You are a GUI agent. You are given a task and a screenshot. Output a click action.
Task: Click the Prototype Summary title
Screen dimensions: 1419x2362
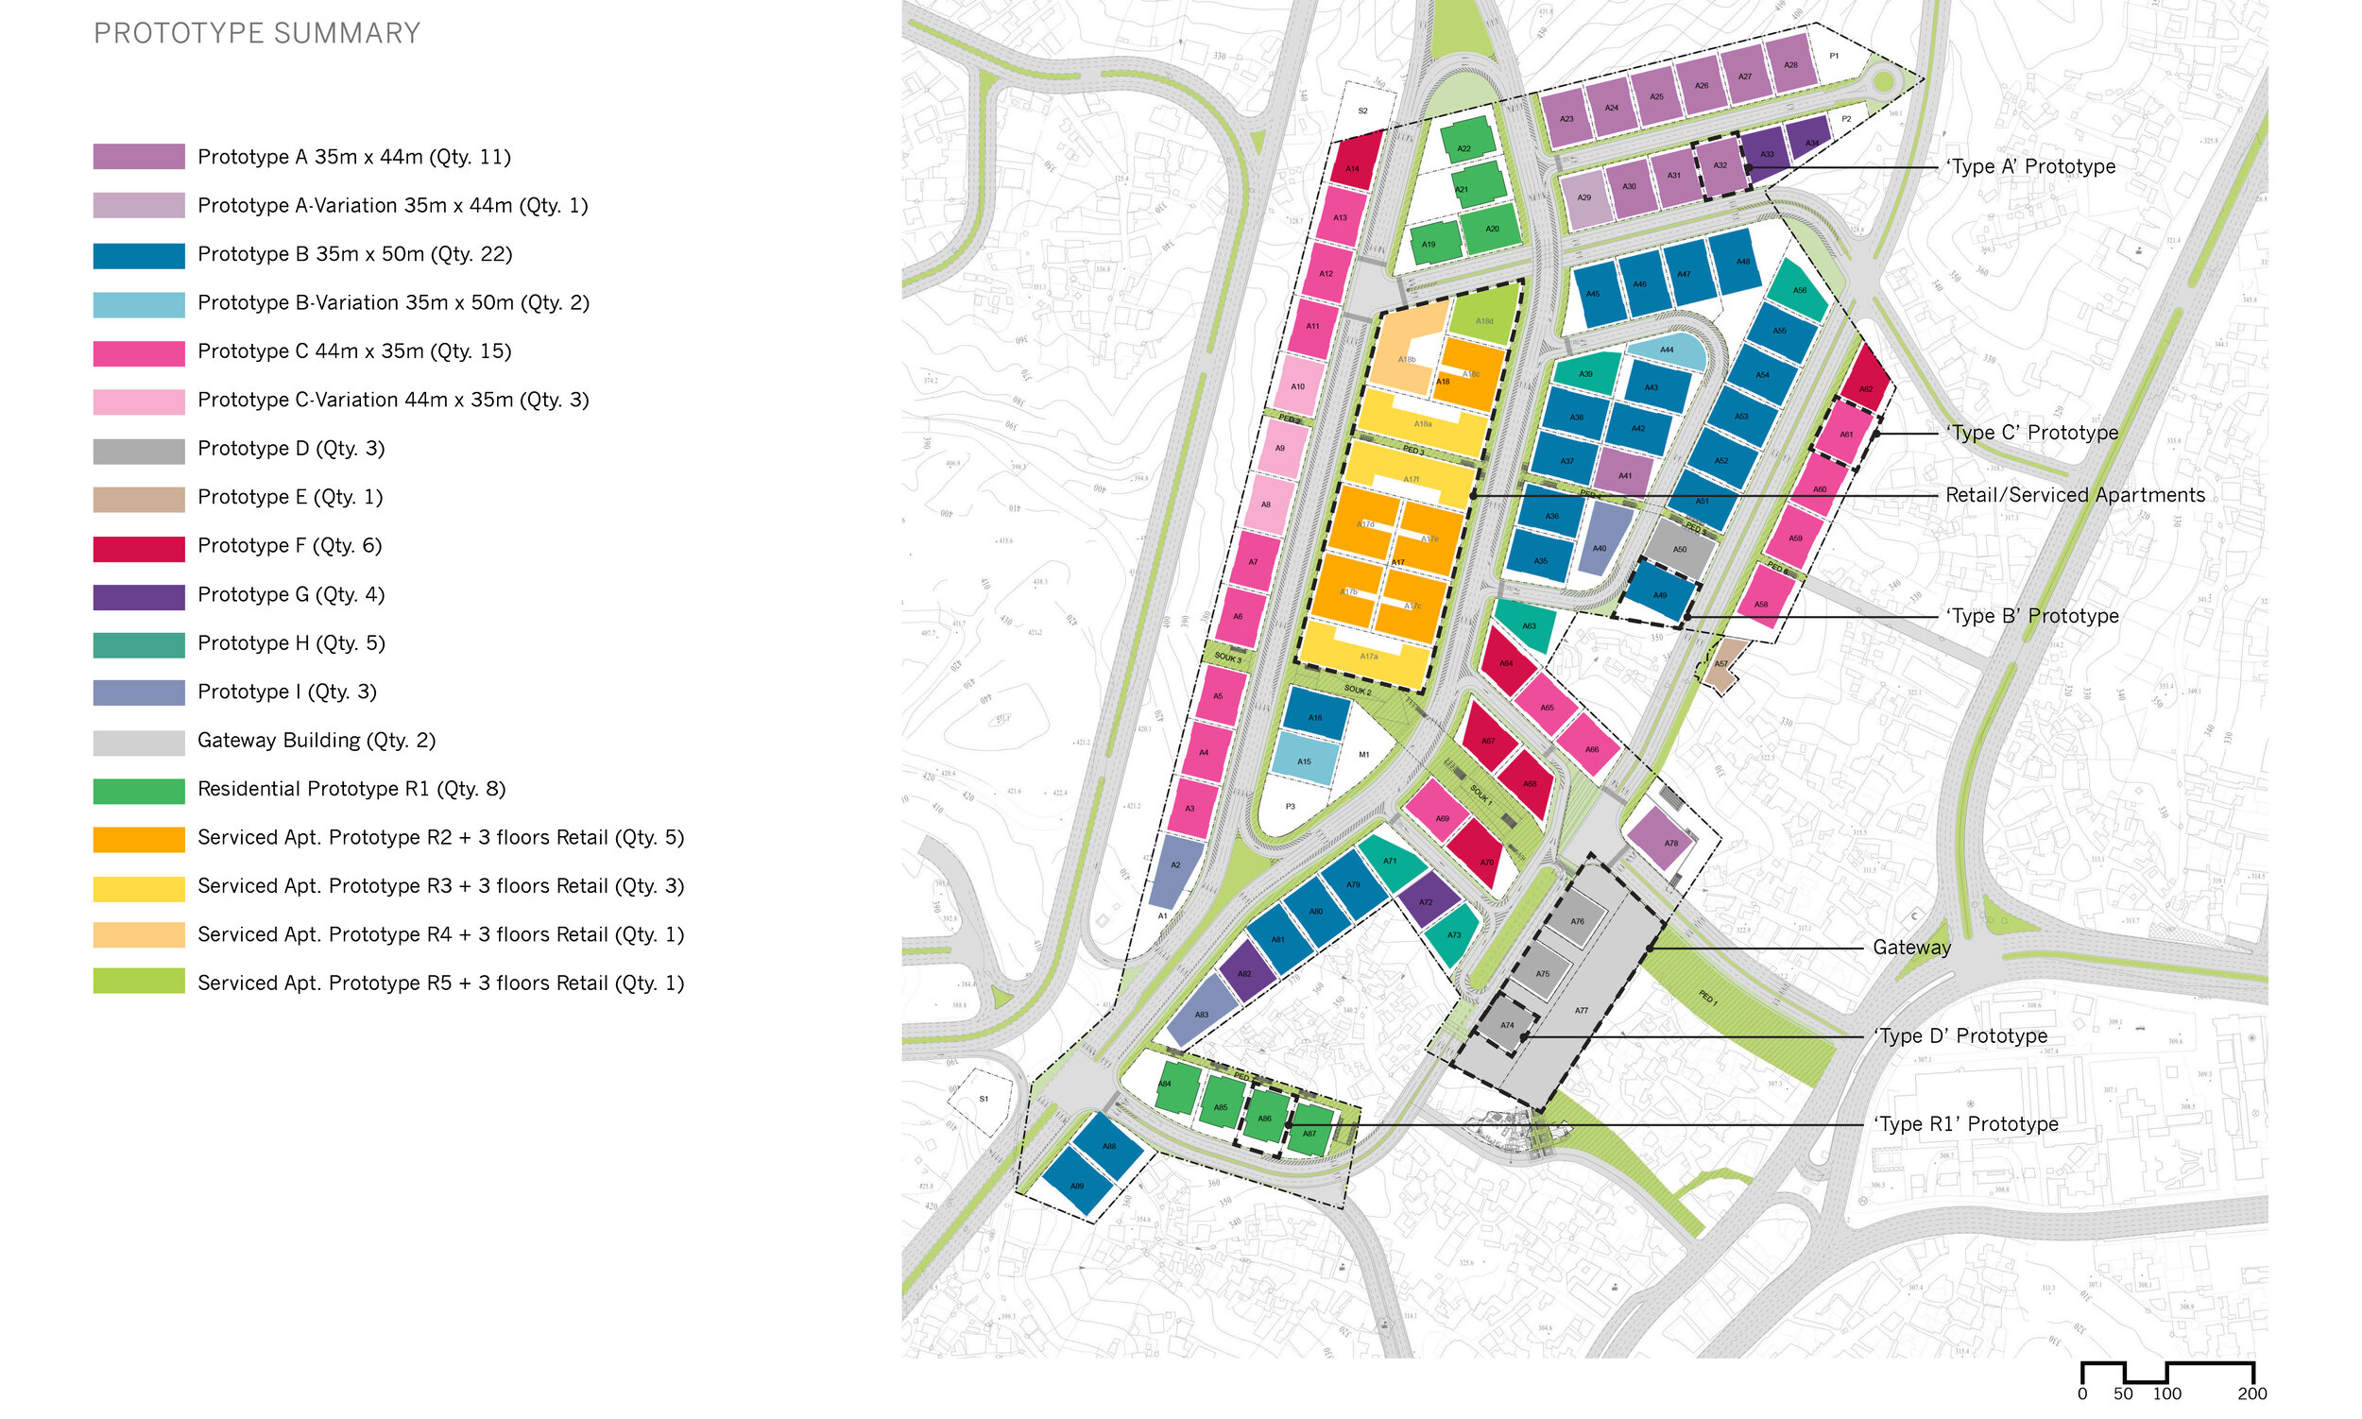256,33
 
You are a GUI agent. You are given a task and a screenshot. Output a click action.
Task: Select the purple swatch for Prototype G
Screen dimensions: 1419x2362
139,598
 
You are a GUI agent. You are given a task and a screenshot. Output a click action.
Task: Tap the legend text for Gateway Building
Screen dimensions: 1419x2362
316,740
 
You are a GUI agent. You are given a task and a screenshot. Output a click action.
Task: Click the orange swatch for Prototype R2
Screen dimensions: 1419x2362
139,840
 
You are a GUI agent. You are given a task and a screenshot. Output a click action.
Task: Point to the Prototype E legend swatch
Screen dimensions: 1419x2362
139,499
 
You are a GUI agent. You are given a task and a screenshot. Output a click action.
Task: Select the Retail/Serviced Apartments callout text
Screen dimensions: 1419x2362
2074,495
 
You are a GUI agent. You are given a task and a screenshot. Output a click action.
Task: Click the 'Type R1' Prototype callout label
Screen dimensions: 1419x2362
1966,1124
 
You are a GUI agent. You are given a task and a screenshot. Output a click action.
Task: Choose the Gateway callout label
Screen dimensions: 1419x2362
1910,948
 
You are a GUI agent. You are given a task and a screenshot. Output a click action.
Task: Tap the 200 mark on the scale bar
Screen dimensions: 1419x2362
2251,1394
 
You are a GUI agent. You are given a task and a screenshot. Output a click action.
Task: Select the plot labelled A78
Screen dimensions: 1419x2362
1668,840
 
